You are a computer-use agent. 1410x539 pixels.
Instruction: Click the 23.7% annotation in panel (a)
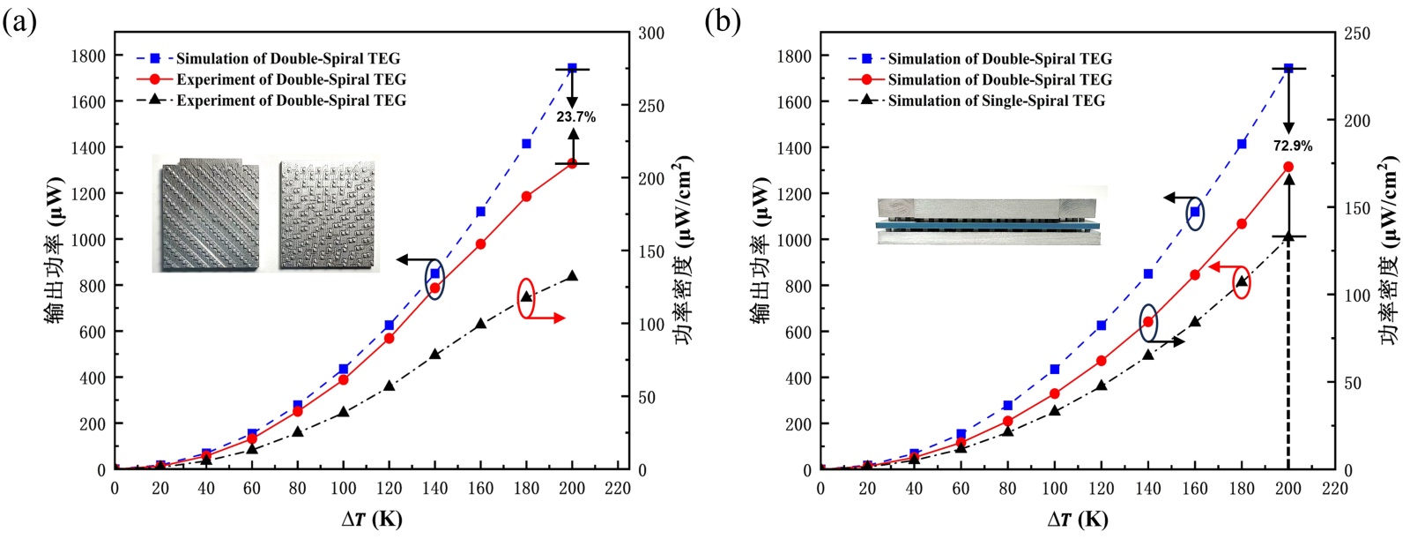pyautogui.click(x=575, y=116)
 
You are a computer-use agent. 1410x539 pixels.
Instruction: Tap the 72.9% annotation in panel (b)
pyautogui.click(x=1292, y=146)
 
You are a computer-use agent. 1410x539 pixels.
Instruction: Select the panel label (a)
pyautogui.click(x=19, y=21)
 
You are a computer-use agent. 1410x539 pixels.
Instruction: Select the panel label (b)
pyautogui.click(x=723, y=21)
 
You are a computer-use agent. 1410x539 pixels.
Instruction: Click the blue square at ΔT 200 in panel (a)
pyautogui.click(x=572, y=68)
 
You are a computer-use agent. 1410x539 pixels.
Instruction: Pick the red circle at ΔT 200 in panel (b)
pyautogui.click(x=1288, y=167)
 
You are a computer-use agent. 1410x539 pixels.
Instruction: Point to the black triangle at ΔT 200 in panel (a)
pyautogui.click(x=572, y=276)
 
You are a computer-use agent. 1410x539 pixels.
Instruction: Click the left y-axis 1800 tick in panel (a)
pyautogui.click(x=88, y=56)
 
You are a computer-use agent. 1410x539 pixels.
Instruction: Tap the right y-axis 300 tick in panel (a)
pyautogui.click(x=651, y=34)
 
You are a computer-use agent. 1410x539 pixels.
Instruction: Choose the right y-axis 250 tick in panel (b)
pyautogui.click(x=1357, y=34)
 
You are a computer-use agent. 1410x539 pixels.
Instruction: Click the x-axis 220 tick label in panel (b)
pyautogui.click(x=1335, y=489)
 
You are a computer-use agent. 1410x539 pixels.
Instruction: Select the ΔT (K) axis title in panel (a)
pyautogui.click(x=372, y=519)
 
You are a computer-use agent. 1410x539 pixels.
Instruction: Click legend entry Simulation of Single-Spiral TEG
pyautogui.click(x=996, y=101)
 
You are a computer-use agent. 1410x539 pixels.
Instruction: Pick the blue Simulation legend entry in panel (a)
pyautogui.click(x=287, y=58)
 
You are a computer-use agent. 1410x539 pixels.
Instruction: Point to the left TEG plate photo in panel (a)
pyautogui.click(x=210, y=214)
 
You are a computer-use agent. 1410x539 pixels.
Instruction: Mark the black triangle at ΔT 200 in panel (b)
pyautogui.click(x=1288, y=236)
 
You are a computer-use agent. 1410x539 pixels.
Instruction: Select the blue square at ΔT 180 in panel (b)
pyautogui.click(x=1242, y=144)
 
